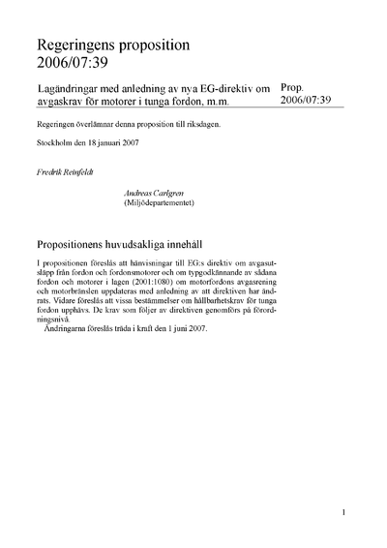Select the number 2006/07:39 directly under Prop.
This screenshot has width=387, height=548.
pyautogui.click(x=305, y=101)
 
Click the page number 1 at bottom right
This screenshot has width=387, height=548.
pyautogui.click(x=343, y=511)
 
